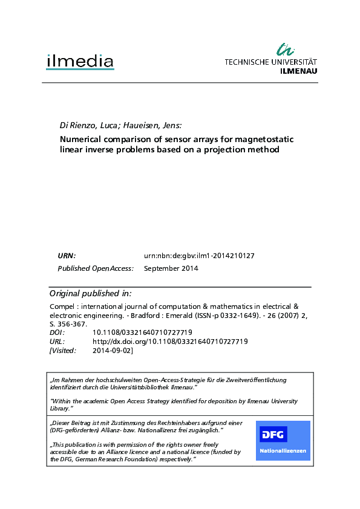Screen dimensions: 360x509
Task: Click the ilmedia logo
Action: pos(80,61)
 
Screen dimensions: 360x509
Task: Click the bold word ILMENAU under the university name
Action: pos(299,70)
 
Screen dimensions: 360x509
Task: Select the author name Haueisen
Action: pos(143,126)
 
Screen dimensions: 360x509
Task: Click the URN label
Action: pos(67,256)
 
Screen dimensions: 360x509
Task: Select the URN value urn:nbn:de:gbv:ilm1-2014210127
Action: pos(199,256)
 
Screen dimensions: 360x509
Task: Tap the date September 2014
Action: pos(171,268)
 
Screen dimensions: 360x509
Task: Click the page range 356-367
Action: pos(77,324)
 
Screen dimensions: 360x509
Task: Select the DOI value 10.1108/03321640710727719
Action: pos(142,332)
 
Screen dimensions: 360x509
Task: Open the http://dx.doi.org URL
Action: pos(170,342)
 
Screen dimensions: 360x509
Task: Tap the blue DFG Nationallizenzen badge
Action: pos(283,440)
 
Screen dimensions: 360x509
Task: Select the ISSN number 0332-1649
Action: pos(215,316)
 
